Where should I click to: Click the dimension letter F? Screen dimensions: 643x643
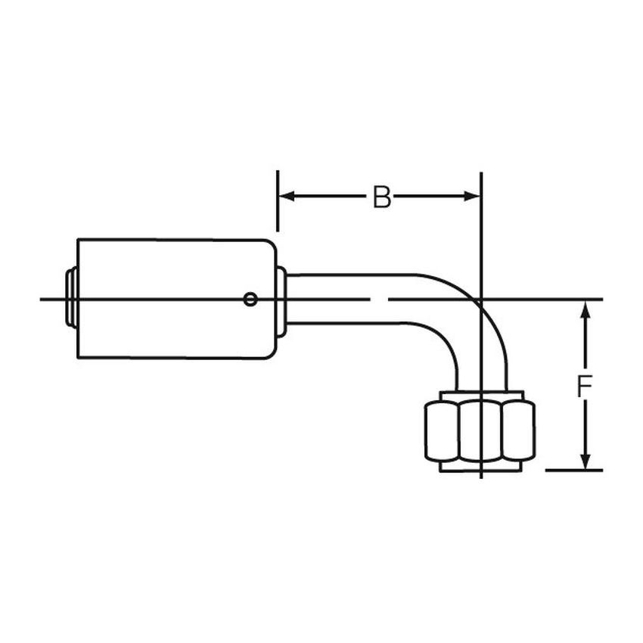coord(584,387)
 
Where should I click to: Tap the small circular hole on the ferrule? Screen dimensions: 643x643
coord(250,300)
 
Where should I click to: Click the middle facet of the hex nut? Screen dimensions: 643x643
coord(479,430)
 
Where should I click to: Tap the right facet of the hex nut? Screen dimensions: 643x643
coord(519,430)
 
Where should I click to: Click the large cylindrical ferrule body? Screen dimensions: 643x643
coord(174,299)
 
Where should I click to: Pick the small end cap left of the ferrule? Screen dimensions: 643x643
coord(70,299)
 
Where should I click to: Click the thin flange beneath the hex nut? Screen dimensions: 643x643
coord(479,467)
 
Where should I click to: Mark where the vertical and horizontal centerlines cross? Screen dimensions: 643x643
coord(482,300)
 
